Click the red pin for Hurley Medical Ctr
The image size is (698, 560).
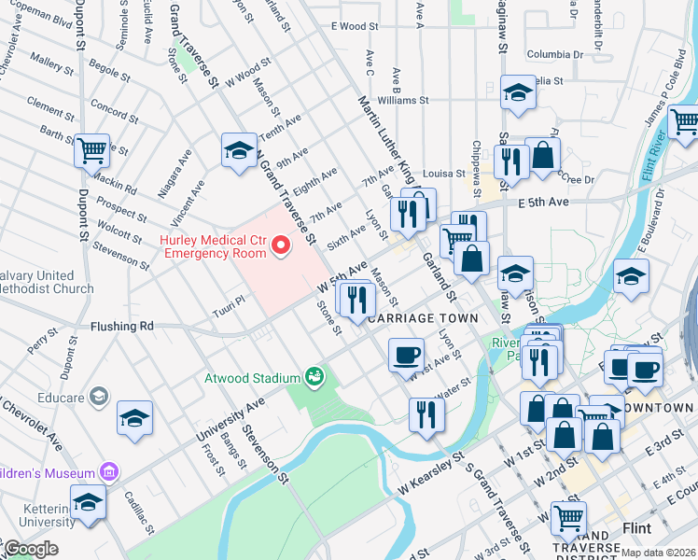click(x=281, y=245)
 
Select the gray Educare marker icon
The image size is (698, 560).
click(x=98, y=397)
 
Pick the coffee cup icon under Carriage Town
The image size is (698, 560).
click(x=406, y=356)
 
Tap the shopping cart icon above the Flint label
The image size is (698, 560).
click(x=567, y=517)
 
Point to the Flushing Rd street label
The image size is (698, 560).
click(x=121, y=328)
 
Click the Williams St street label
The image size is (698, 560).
click(x=402, y=100)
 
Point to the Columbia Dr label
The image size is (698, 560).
click(x=554, y=54)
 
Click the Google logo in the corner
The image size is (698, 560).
click(x=31, y=548)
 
